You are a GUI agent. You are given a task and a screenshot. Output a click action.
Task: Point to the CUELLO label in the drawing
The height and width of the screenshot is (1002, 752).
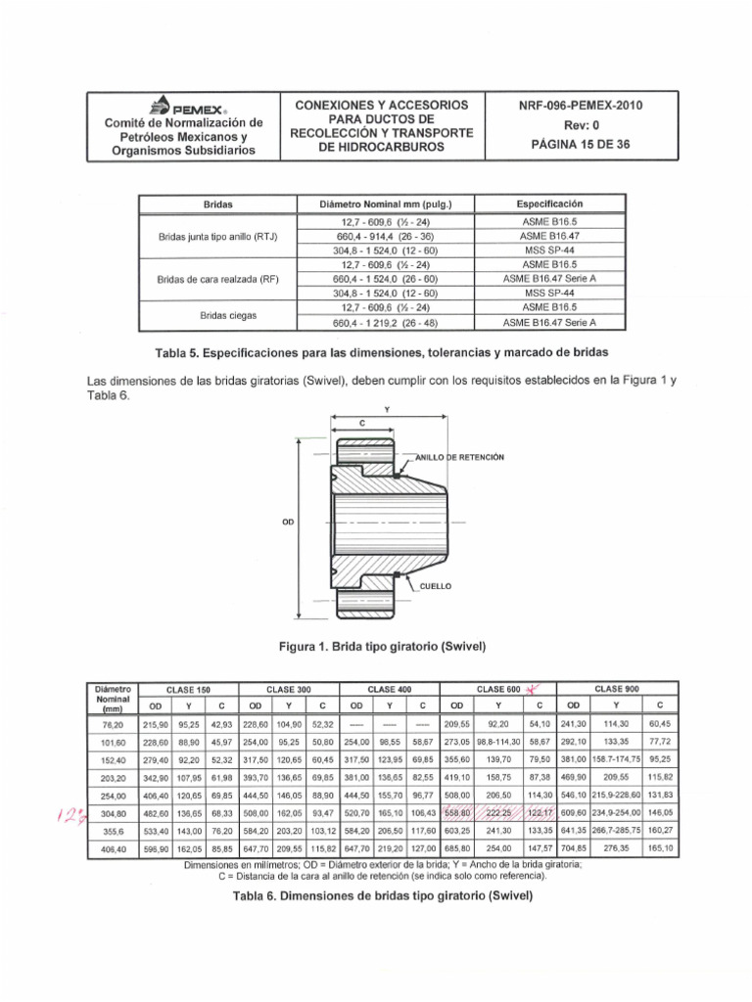tap(435, 584)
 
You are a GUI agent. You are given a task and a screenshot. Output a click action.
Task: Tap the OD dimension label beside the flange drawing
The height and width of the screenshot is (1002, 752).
tap(288, 522)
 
